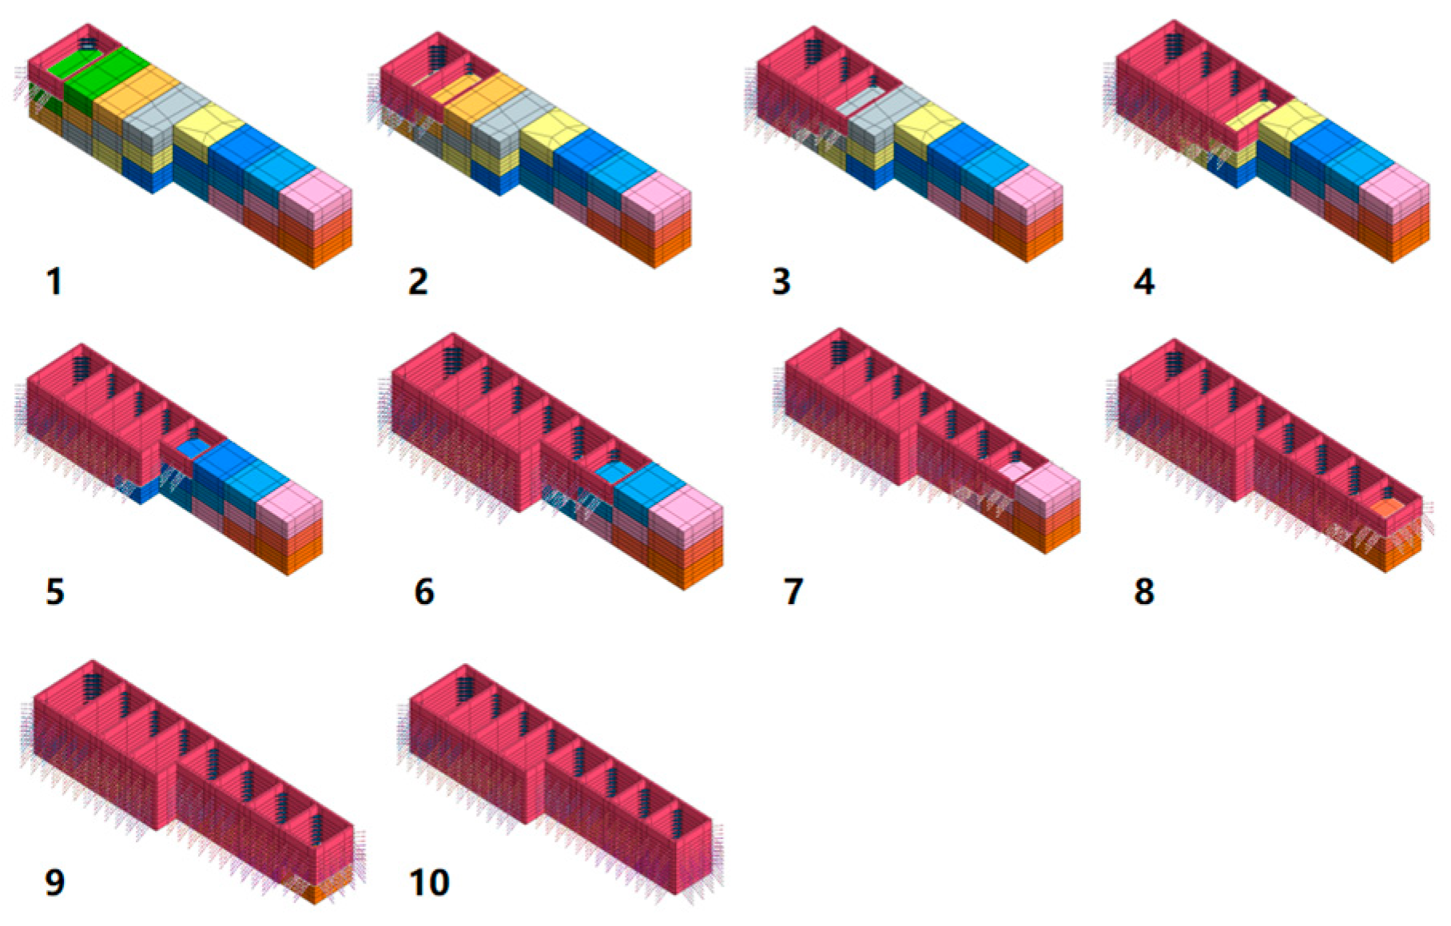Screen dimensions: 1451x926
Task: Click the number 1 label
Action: point(54,282)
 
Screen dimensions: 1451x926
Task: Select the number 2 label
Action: point(418,282)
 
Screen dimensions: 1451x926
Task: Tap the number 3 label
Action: point(781,282)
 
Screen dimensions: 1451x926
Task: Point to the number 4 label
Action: point(1143,282)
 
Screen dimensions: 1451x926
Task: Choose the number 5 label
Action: point(54,592)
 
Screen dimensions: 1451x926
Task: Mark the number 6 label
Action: point(424,592)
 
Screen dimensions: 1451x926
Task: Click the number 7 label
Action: point(793,592)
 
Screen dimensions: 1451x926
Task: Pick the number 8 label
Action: point(1143,592)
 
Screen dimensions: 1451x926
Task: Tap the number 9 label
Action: point(54,883)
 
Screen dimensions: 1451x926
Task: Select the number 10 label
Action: point(430,883)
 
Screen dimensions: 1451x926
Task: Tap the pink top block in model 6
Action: point(686,511)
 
